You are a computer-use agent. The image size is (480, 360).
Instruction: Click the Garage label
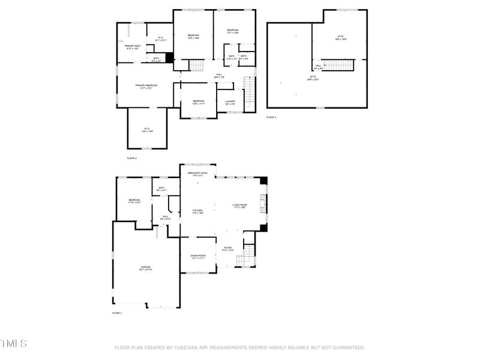coord(146,268)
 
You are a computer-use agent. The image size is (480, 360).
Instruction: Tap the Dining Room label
coord(198,256)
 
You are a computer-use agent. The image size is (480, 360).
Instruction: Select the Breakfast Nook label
coord(197,174)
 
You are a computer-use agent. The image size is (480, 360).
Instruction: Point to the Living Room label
coord(240,206)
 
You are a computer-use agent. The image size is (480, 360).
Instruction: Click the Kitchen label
coord(197,211)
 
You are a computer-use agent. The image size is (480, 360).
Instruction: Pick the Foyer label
coord(227,249)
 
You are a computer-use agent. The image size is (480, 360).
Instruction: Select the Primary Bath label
coord(132,47)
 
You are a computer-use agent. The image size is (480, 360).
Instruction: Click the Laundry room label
coord(230,102)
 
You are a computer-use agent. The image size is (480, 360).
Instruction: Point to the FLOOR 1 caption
coord(117,313)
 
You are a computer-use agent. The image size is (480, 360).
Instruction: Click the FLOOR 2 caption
coord(132,158)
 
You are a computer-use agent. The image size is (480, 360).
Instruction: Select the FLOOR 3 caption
coord(271,117)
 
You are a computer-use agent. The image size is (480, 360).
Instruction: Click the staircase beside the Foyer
coord(245,259)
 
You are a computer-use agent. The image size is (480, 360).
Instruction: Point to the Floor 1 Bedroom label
coord(134,201)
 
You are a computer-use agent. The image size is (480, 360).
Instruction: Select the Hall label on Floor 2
coord(220,76)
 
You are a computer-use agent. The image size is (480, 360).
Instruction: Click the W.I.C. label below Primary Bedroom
coord(146,129)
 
